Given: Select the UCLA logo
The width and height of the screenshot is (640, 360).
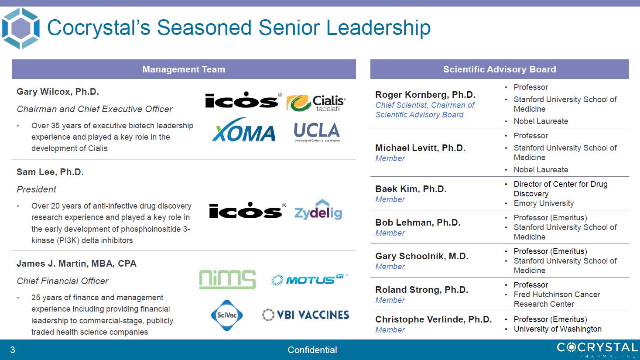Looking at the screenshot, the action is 317,132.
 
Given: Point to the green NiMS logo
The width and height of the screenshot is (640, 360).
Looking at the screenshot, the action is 227,279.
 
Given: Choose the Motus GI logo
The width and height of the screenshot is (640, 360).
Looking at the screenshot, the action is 310,280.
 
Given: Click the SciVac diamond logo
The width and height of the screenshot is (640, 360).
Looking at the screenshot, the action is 227,315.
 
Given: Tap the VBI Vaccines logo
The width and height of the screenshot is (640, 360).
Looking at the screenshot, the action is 305,315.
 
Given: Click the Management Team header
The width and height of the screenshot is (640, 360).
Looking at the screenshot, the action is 184,69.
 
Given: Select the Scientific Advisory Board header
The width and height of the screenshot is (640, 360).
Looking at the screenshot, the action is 500,69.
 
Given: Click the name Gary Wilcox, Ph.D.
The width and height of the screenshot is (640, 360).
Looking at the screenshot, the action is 58,92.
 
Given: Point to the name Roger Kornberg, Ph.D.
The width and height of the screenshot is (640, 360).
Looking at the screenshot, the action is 425,95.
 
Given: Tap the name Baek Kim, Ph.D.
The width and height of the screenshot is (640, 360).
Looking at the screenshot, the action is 411,189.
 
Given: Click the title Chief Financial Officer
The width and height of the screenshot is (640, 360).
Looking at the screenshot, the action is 62,281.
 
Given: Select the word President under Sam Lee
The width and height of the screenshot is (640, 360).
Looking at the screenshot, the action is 36,189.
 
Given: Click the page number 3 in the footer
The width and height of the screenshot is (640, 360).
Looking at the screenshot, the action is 13,350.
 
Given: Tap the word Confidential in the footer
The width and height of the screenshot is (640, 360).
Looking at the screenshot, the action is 312,350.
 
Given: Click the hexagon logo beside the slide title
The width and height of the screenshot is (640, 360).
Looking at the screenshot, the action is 21,28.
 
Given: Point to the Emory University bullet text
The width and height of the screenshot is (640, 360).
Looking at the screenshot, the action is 544,203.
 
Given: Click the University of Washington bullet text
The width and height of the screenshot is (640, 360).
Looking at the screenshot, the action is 558,329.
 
